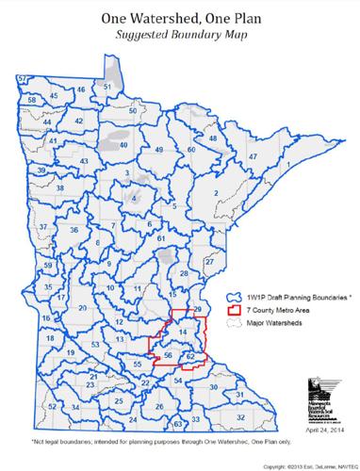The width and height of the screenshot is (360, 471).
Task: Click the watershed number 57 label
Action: coord(22,77)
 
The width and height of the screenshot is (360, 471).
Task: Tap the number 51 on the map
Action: coord(107,87)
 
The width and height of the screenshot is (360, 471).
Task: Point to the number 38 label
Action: coord(60,189)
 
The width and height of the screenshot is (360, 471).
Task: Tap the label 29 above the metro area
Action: coord(197,310)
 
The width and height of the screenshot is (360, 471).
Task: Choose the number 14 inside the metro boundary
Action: coord(183,333)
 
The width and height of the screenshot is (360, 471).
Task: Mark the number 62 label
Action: coord(190,357)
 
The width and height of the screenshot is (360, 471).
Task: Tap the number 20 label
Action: coord(83,308)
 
